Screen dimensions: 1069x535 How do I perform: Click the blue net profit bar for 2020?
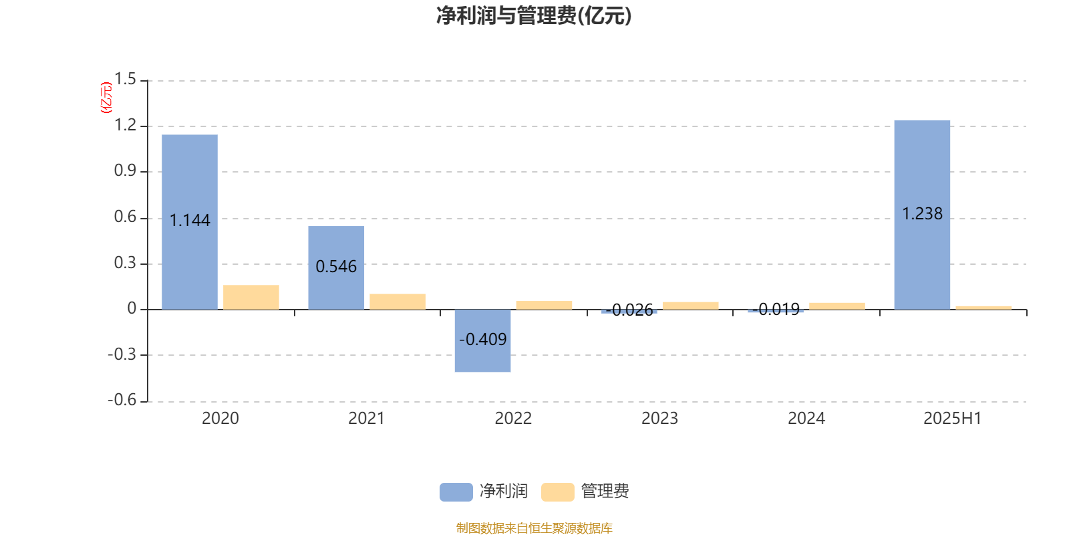[190, 222]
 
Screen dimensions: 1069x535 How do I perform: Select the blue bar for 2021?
[336, 267]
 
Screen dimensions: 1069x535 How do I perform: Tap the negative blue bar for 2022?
[482, 340]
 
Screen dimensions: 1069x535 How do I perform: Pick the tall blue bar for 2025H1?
[922, 215]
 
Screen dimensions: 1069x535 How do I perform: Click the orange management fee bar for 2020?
[251, 297]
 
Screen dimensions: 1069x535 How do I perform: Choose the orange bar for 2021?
[398, 302]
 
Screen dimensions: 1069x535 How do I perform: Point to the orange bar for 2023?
[691, 306]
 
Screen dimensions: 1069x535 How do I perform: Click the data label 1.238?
[922, 213]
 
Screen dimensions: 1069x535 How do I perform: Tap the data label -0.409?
[482, 339]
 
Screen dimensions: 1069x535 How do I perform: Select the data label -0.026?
[629, 310]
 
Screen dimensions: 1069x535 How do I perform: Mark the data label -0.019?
[776, 310]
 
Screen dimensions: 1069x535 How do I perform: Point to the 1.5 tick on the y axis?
[125, 79]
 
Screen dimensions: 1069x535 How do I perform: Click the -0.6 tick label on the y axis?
[122, 400]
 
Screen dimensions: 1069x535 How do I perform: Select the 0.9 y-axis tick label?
[125, 171]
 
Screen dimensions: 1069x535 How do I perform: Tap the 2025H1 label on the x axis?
[953, 419]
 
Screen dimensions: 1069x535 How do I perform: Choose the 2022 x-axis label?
[513, 419]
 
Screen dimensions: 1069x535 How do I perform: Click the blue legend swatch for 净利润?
[456, 492]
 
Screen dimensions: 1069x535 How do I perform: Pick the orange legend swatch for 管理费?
[557, 492]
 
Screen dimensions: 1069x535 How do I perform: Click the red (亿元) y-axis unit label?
[106, 98]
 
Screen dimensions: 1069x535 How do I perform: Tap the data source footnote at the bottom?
[534, 528]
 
